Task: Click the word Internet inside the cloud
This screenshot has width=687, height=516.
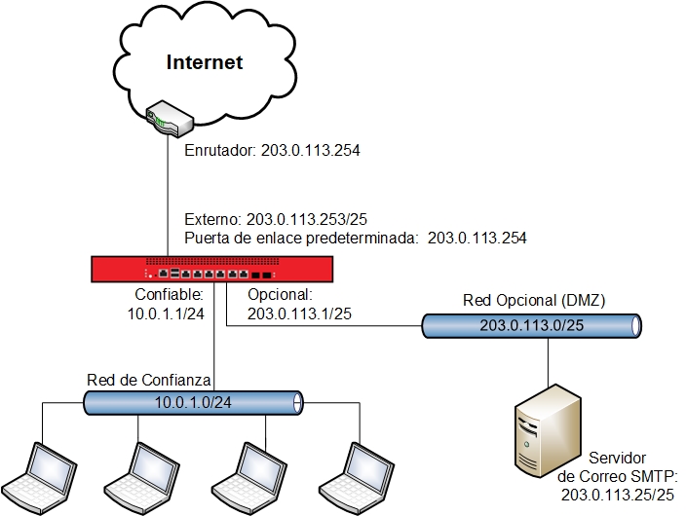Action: coord(204,63)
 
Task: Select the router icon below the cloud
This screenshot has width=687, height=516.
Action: coord(169,121)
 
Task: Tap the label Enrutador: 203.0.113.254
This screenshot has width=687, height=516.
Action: coord(273,151)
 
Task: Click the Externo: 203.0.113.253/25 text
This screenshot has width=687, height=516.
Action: coord(282,220)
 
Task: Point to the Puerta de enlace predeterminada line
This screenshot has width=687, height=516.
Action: coord(356,237)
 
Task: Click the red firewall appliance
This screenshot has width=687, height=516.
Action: coord(212,268)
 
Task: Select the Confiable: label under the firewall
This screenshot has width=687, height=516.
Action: coord(168,295)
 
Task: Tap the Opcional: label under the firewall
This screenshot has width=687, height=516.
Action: coord(279,295)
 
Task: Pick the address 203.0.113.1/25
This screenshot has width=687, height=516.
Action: coord(299,313)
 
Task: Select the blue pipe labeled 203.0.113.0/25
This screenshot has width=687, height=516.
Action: coord(532,325)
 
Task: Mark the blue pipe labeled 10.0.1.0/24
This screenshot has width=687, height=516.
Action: coord(192,401)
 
